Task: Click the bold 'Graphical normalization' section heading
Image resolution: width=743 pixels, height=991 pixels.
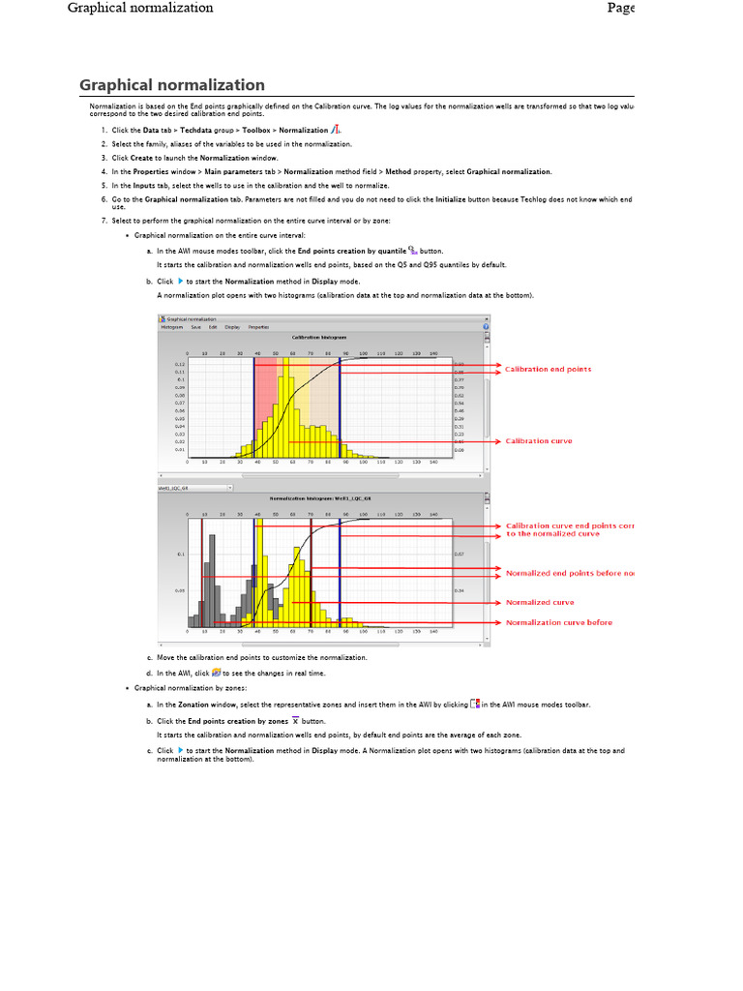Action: (x=171, y=85)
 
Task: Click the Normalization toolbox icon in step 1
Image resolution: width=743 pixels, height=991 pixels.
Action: (x=335, y=130)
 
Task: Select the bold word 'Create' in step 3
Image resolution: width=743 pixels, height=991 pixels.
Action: (x=141, y=158)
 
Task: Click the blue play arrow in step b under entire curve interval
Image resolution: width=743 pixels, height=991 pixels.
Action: (x=180, y=281)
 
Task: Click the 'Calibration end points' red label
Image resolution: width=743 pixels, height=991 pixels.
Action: (x=549, y=369)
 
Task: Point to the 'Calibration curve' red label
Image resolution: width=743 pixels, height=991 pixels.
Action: (x=539, y=441)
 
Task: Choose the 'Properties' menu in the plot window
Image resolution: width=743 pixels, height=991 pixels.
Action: (x=258, y=327)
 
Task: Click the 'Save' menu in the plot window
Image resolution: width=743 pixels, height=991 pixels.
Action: (x=196, y=327)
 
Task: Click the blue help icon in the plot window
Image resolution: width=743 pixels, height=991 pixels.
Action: (x=486, y=327)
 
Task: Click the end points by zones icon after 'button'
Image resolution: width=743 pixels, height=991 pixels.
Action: (x=294, y=720)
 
